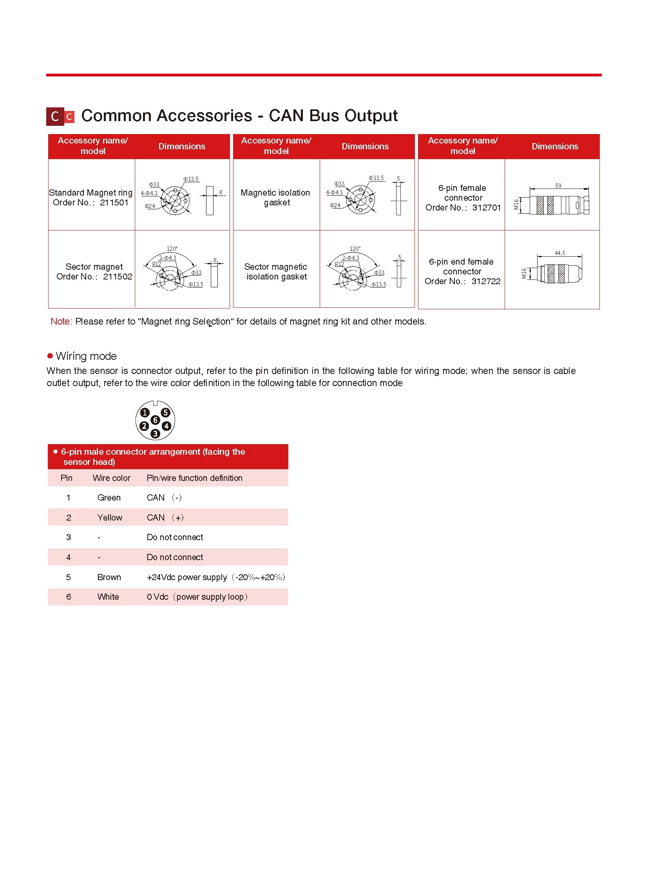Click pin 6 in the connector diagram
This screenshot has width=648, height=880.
coord(155,420)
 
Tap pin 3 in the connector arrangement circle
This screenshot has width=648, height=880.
coord(155,433)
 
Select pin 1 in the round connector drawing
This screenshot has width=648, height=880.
coord(145,412)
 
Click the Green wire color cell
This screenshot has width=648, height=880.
coord(109,498)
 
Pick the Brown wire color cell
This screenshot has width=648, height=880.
coord(109,577)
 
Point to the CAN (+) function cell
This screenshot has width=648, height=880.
coord(165,518)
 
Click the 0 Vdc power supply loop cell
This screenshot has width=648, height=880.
coord(197,597)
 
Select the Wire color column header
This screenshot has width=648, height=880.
coord(111,478)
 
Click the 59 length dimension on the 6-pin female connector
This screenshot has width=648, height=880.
coord(558,186)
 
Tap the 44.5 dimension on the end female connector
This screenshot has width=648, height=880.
coord(560,253)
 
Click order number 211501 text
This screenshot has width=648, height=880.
coord(114,203)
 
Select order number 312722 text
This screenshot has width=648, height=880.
coord(485,281)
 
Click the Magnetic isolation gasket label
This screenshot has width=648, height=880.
coord(276,198)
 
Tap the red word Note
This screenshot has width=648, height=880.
coord(60,321)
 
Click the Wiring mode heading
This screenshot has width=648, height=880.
coord(86,356)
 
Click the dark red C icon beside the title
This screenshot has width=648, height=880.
coord(55,116)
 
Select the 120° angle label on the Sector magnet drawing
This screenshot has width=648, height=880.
coord(172,249)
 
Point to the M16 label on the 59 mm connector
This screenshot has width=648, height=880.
coord(517,204)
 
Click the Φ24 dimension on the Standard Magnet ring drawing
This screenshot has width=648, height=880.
coord(149,206)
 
